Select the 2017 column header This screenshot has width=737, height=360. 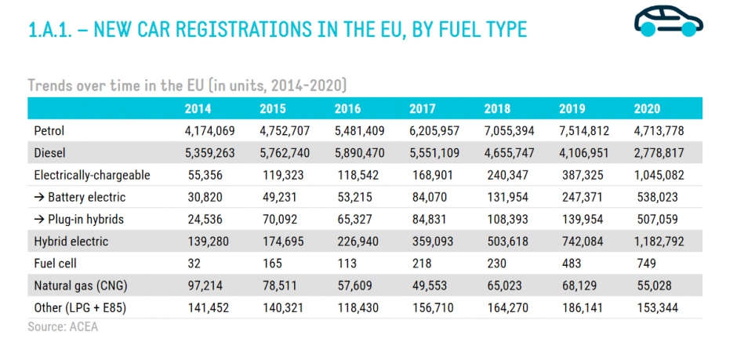422,108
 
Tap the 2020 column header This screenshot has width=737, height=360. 647,108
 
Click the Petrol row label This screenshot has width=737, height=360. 49,131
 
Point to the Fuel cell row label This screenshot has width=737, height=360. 56,264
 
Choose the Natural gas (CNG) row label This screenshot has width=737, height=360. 81,285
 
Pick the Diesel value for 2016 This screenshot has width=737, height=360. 360,153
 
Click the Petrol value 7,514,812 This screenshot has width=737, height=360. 584,131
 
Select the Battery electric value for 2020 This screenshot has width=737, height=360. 658,197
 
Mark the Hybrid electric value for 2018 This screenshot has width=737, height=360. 507,242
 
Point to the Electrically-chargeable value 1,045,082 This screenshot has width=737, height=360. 659,176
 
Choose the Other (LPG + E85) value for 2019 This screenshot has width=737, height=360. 583,307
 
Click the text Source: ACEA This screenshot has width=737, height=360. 63,326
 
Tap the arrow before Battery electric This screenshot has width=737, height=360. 39,197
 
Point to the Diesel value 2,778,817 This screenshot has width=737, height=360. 659,153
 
